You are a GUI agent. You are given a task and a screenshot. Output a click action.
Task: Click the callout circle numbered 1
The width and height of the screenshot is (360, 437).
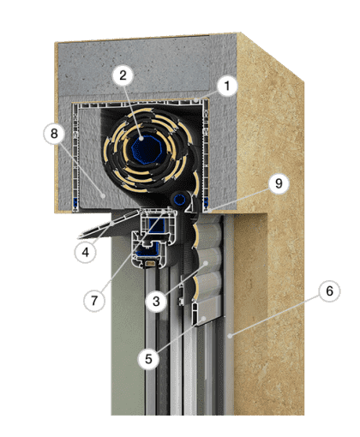(x=227, y=86)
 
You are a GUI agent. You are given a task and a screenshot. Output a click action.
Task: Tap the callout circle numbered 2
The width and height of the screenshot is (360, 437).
(x=123, y=75)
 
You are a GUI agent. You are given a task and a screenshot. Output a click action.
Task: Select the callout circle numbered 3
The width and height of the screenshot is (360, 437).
(x=156, y=301)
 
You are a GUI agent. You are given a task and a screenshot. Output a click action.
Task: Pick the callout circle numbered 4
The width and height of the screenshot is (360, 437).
(x=86, y=252)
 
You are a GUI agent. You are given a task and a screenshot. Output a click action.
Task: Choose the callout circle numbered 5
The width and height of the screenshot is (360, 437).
(x=148, y=359)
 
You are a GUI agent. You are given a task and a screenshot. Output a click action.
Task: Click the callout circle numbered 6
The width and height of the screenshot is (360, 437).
(x=329, y=291)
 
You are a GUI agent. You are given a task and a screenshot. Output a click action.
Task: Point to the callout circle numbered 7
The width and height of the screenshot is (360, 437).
(x=94, y=301)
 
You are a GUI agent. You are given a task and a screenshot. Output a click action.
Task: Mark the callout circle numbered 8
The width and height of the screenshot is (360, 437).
(x=54, y=134)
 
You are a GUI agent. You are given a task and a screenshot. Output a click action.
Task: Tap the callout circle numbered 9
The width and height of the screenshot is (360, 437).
(x=279, y=183)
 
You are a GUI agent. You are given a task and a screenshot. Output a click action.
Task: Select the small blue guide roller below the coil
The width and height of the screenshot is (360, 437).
(x=180, y=200)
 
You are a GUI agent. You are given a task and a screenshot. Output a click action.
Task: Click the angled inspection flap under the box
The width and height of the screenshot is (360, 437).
(x=110, y=224)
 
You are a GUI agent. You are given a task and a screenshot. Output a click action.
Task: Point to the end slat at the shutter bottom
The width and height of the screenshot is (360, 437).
(x=207, y=310)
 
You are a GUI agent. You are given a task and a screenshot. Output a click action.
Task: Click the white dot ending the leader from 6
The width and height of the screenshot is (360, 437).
(x=230, y=337)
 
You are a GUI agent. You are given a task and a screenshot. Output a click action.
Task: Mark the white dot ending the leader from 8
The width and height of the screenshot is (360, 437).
(x=104, y=195)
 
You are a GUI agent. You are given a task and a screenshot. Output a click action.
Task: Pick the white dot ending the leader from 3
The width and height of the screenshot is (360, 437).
(x=206, y=262)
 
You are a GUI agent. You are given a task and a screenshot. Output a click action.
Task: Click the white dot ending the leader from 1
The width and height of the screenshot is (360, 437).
(x=196, y=100)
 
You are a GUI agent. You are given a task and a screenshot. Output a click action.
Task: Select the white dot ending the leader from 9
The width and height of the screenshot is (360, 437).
(x=210, y=211)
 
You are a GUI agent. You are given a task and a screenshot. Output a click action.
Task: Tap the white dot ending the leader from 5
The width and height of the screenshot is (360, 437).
(x=204, y=318)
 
